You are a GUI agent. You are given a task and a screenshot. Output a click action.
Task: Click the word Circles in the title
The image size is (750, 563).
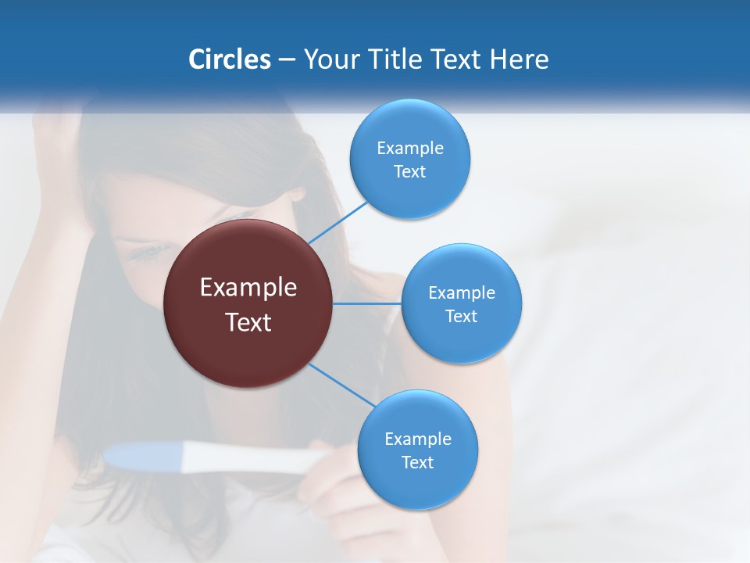[230, 59]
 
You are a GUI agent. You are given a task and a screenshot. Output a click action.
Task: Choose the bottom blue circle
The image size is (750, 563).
[417, 485]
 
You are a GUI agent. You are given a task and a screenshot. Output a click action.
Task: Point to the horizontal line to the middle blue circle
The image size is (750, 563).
[367, 303]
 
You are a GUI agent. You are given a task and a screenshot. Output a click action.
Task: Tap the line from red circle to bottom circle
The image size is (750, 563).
[341, 385]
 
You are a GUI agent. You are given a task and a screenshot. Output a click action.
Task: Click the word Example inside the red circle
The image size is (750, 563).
[248, 288]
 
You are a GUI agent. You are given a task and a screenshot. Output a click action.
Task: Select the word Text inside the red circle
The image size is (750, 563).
[248, 322]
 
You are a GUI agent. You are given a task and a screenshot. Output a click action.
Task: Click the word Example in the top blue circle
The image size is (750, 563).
[410, 149]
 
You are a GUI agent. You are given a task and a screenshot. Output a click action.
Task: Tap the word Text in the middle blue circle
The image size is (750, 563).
[462, 317]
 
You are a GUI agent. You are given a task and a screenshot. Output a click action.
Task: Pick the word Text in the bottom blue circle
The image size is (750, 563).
[417, 463]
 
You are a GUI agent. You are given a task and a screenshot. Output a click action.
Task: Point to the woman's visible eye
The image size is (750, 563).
[148, 252]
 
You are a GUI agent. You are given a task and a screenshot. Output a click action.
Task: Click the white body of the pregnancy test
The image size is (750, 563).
[250, 459]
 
